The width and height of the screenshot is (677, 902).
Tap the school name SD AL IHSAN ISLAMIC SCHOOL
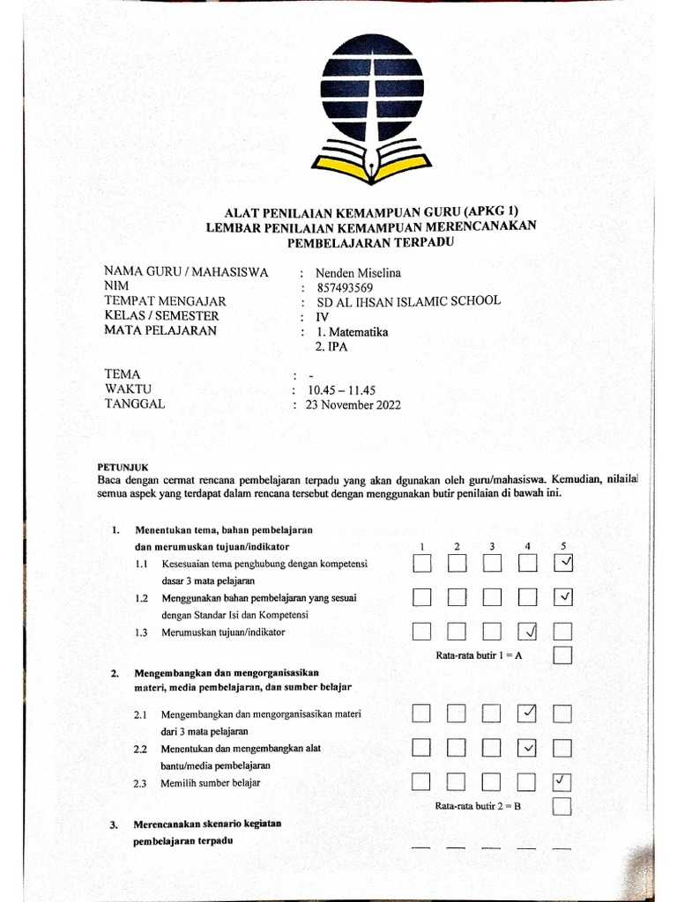coord(400,301)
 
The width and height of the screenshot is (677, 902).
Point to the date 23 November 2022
coord(353,405)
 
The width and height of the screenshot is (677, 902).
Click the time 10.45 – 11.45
coord(341,389)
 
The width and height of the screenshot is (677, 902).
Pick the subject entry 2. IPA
coord(331,347)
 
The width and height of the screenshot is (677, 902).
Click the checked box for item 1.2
coord(563,598)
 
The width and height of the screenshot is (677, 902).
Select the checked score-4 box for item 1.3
coord(528,631)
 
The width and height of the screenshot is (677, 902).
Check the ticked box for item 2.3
coord(562,781)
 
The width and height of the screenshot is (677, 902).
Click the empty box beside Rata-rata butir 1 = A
coord(562,654)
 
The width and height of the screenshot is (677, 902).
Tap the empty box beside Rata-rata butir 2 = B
coord(562,806)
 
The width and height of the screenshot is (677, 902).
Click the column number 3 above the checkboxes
coord(492,546)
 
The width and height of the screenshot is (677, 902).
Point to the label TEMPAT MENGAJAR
coord(165,301)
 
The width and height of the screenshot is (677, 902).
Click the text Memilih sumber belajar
coord(210,783)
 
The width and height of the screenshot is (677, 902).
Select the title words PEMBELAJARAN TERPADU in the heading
coord(370,241)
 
